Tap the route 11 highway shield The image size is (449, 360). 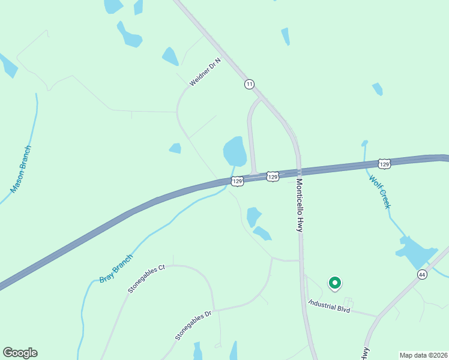point(249,84)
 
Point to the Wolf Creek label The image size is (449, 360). point(380,191)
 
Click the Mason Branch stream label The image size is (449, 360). point(21,169)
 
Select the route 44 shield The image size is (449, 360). point(422,274)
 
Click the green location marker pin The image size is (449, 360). point(335,282)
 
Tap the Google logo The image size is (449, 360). point(20,353)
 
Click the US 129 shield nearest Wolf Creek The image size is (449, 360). point(385,163)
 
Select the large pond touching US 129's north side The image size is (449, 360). point(235,151)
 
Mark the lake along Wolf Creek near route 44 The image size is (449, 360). point(416,251)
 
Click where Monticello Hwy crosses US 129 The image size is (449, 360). point(298,171)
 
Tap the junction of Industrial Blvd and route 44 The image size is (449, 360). point(378,316)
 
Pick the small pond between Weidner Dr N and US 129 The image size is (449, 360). point(175,148)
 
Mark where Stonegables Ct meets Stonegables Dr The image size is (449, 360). point(213,310)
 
